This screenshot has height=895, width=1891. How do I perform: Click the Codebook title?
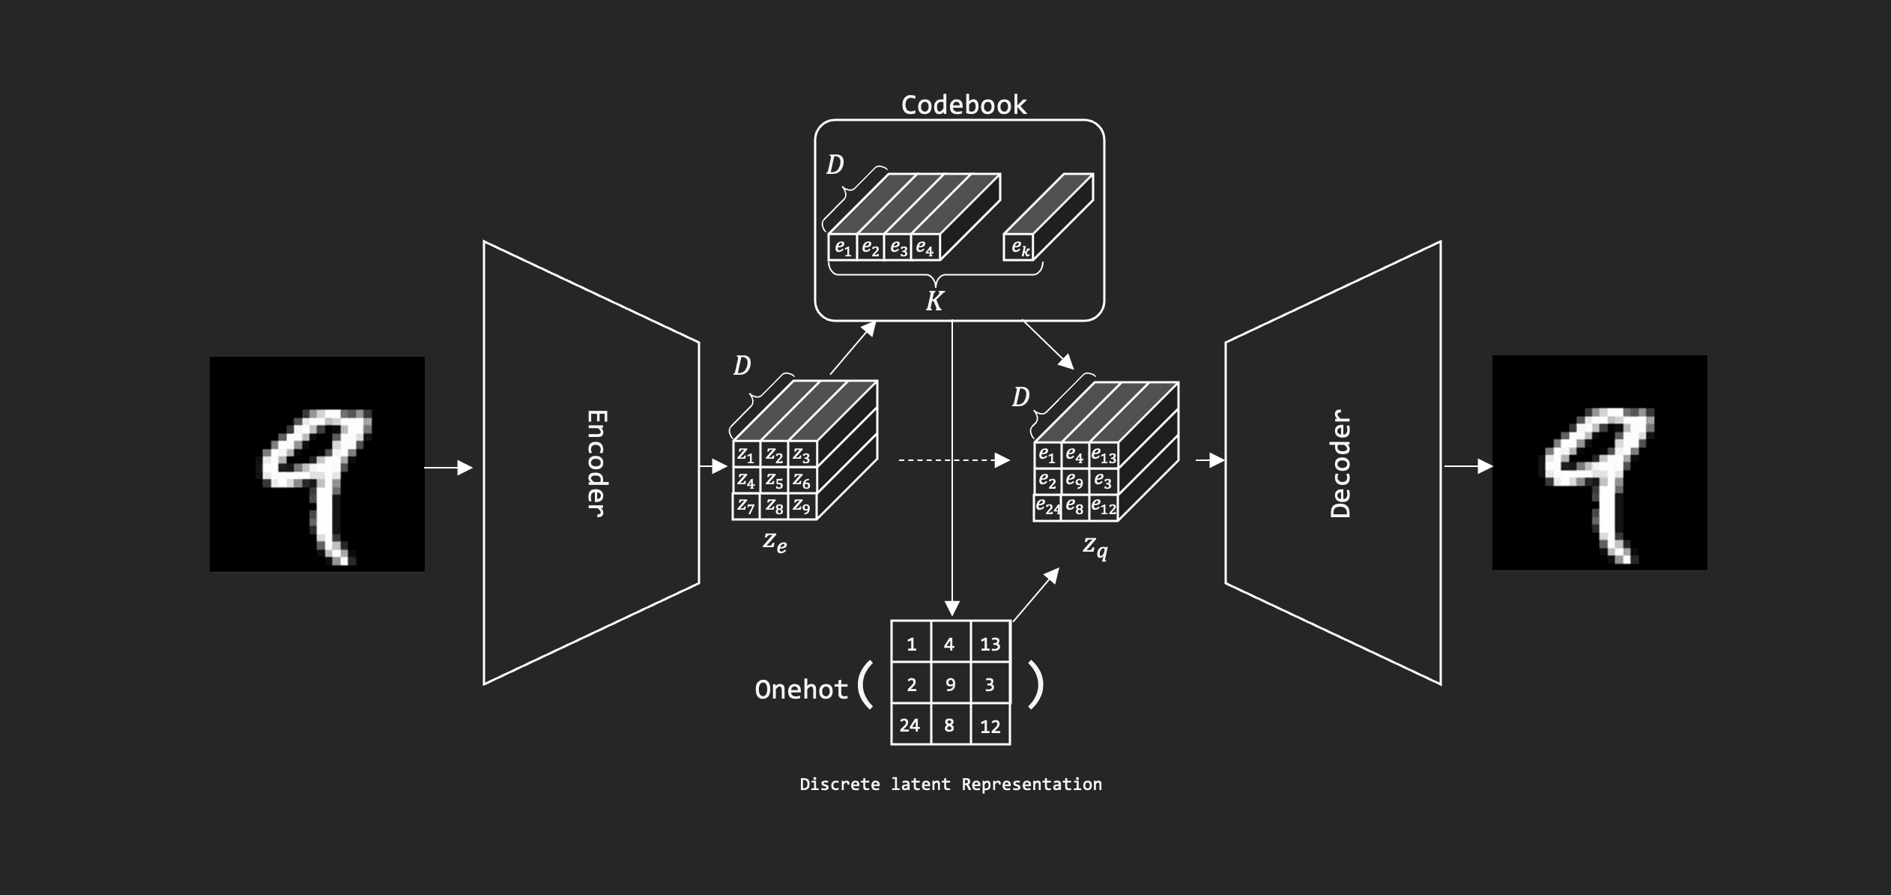(963, 105)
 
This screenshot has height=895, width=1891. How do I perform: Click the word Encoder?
(596, 463)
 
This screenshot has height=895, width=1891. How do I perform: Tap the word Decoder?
(1340, 463)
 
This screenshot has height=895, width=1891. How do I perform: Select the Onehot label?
(801, 690)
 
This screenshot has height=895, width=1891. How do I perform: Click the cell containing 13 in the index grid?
(990, 644)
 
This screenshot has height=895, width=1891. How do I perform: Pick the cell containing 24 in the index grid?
(910, 725)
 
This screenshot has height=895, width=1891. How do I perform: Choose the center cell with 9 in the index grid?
(950, 684)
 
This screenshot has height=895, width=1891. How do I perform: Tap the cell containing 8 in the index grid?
(949, 725)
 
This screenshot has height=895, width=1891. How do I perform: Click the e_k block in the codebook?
(1019, 247)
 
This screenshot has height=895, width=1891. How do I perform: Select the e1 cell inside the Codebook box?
(843, 247)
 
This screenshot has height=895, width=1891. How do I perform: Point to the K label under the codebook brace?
(934, 301)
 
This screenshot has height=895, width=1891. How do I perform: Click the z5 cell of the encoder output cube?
(774, 480)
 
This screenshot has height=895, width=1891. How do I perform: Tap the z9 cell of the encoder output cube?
(802, 506)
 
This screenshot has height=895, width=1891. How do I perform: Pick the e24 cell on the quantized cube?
(1047, 507)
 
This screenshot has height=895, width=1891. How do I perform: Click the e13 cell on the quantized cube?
(1104, 455)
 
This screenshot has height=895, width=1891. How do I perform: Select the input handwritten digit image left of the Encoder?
(317, 464)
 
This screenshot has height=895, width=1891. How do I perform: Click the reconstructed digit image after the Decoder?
(1600, 462)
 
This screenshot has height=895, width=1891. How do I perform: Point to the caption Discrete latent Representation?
(951, 784)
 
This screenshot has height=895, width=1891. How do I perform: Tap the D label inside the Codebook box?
(835, 165)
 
